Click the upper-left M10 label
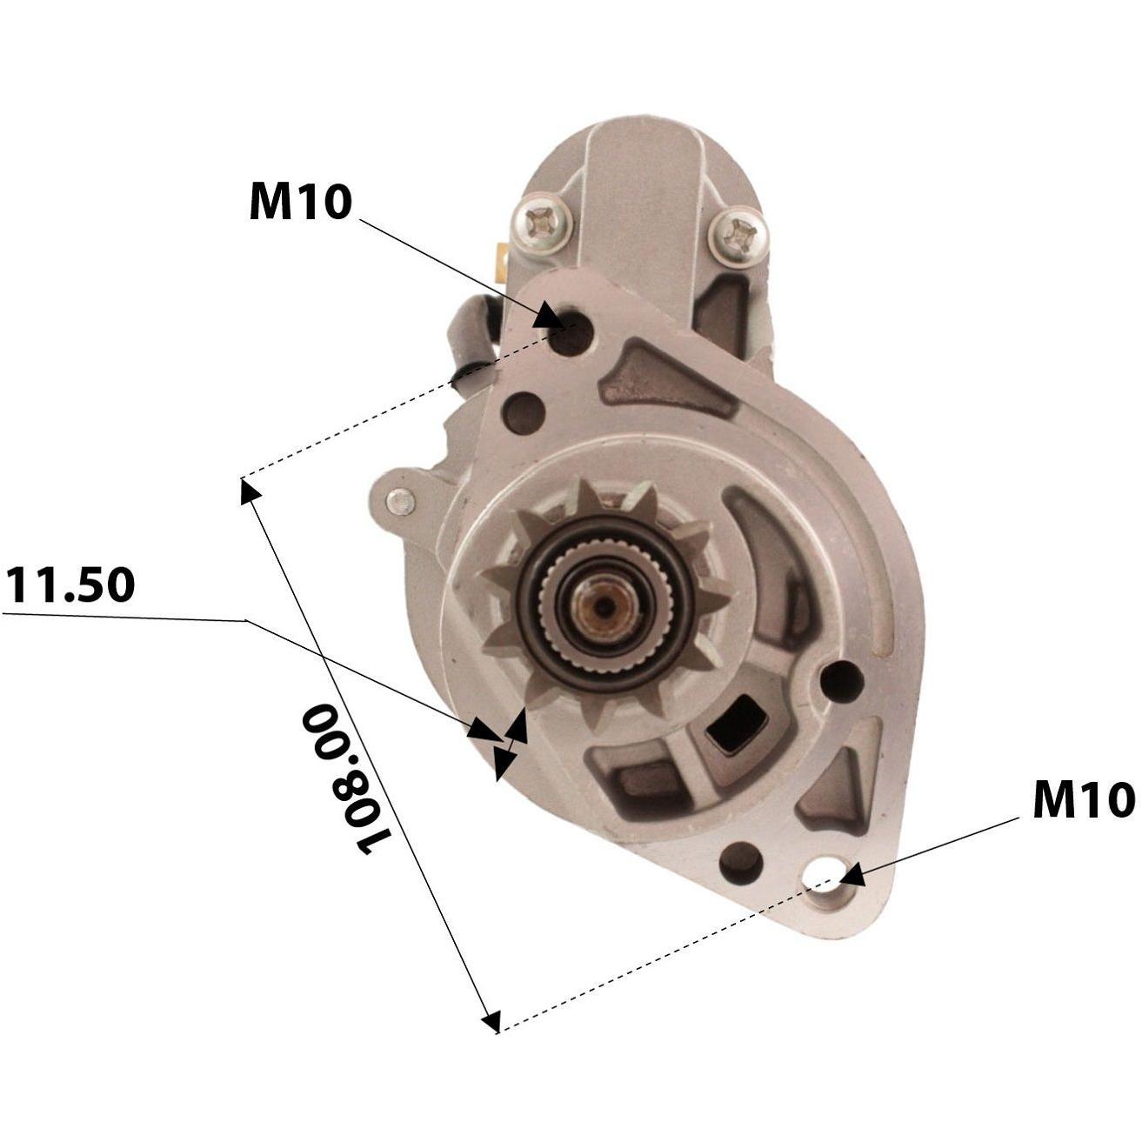(x=300, y=202)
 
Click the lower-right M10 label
(x=1084, y=799)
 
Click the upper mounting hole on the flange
(x=570, y=334)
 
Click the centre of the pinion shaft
(x=604, y=605)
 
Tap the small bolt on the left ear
(x=401, y=501)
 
